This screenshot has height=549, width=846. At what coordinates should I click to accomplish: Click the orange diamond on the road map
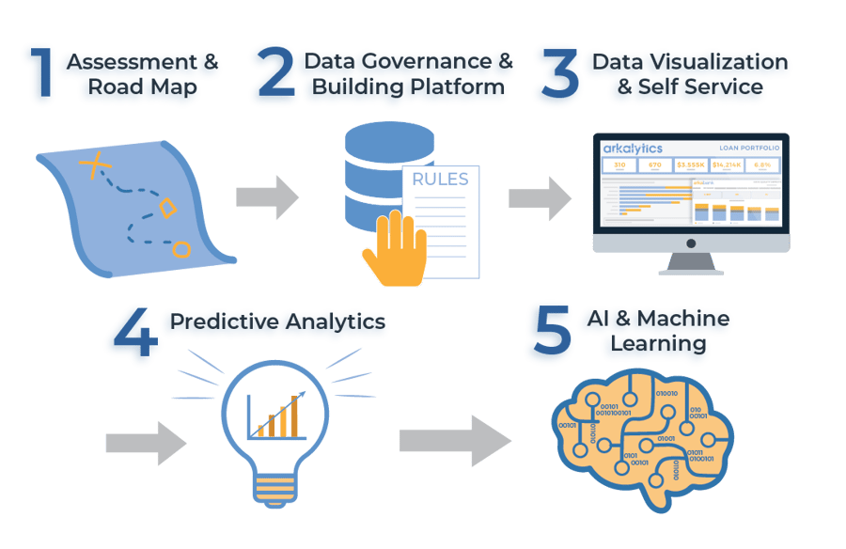[x=167, y=209]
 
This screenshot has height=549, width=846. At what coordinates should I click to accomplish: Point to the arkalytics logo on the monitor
[x=634, y=148]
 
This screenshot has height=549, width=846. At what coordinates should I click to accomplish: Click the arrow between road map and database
[x=267, y=197]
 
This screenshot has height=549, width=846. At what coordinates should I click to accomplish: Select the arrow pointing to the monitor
[x=540, y=197]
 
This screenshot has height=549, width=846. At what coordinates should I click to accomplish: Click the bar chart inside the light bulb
[x=276, y=415]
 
